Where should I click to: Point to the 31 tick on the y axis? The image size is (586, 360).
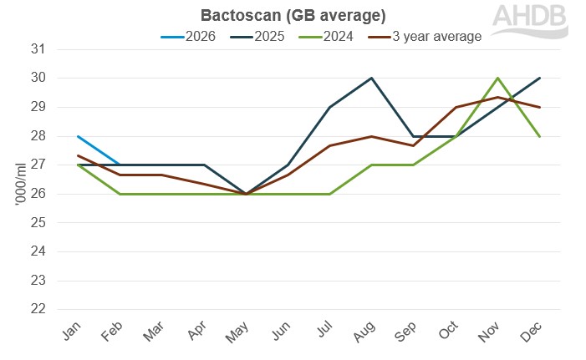tap(37, 49)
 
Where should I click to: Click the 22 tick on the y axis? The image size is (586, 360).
tap(37, 309)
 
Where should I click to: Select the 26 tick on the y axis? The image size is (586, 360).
tap(37, 194)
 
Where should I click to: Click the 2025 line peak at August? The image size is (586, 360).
tap(371, 78)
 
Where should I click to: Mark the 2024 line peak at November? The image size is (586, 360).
tap(498, 78)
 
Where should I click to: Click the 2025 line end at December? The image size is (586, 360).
tap(540, 78)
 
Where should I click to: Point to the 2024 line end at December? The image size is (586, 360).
tap(540, 136)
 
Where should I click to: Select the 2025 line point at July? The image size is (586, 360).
tap(329, 107)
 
